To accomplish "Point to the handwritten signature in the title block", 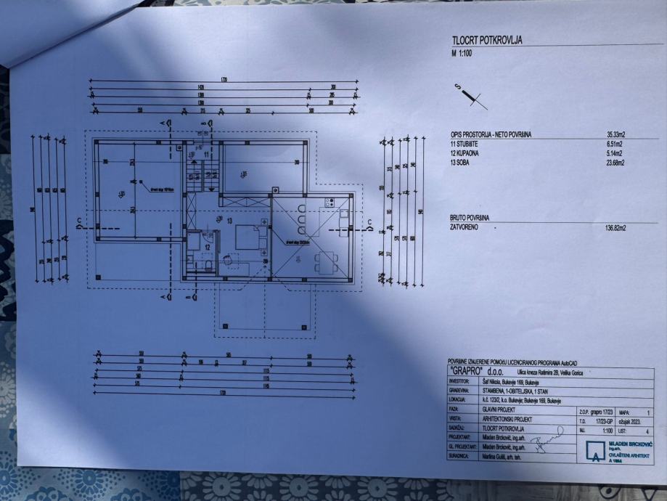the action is [x=547, y=438].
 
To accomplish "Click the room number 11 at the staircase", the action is [x=206, y=155].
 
